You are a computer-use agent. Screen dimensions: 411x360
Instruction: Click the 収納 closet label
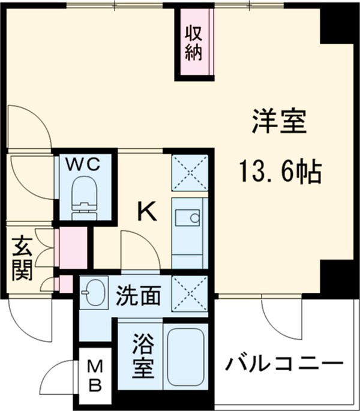pos(193,41)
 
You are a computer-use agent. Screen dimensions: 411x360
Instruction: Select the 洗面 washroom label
pos(138,295)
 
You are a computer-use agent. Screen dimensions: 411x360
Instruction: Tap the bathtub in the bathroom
pos(185,358)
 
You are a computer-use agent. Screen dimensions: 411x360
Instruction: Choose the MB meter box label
pos(95,375)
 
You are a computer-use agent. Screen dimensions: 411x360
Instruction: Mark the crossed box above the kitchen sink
pos(190,172)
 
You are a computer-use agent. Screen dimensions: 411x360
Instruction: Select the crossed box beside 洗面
pos(190,295)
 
